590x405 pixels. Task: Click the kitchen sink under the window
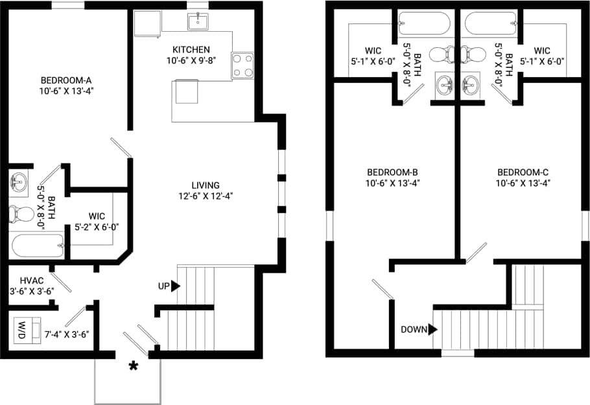tap(198, 21)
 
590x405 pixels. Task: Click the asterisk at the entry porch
tap(134, 367)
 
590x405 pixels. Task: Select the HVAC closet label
tap(31, 280)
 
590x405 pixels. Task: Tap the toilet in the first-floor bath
tap(21, 213)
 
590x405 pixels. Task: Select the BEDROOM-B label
tap(392, 172)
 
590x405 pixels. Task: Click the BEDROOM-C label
tap(523, 172)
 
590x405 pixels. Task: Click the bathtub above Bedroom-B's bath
tap(423, 24)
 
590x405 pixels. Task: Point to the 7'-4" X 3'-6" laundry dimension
tap(67, 334)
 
